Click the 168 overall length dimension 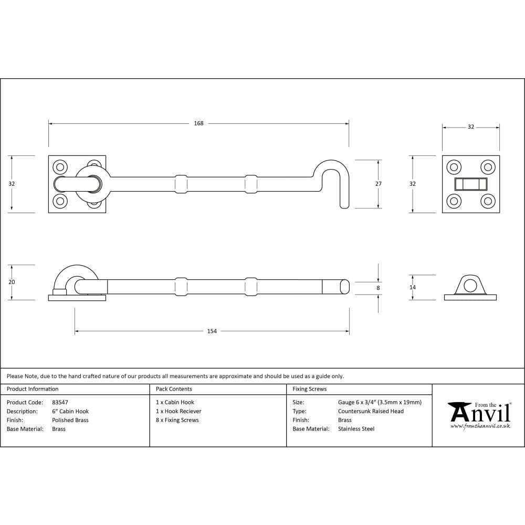tap(198, 123)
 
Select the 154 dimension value tap(212, 331)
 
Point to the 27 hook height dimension tap(379, 184)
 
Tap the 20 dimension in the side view tap(12, 282)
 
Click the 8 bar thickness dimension tap(378, 288)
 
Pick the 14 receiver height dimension tap(413, 287)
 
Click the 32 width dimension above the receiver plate tap(471, 127)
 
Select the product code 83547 tap(60, 402)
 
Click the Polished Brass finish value tap(70, 420)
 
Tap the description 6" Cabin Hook tap(70, 411)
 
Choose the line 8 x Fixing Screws tap(177, 420)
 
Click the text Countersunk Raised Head tap(371, 411)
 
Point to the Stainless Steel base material tap(356, 429)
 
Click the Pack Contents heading tap(174, 389)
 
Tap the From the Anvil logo tap(479, 413)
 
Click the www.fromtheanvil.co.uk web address tap(480, 426)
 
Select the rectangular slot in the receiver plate tap(471, 184)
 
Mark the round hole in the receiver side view tap(470, 286)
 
